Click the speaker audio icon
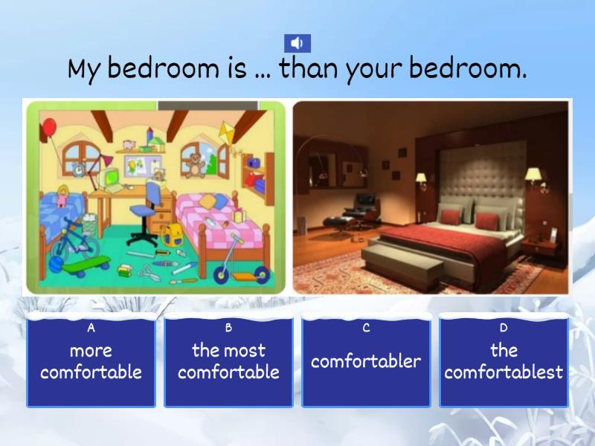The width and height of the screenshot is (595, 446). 297,43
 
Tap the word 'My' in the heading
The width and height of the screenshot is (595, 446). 83,70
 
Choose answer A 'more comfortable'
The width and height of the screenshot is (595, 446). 91,362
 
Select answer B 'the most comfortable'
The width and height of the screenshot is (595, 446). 228,362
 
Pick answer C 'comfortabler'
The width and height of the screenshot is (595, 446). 366,362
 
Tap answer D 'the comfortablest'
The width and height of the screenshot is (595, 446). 504,362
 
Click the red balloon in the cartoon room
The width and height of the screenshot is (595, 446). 50,129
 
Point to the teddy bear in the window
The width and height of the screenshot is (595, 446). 196,164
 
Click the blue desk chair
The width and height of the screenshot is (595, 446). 147,212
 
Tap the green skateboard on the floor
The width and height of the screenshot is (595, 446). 85,264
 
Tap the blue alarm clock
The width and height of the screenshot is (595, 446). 79,170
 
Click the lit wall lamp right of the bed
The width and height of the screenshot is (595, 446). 533,175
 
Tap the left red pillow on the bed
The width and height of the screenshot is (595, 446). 451,216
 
